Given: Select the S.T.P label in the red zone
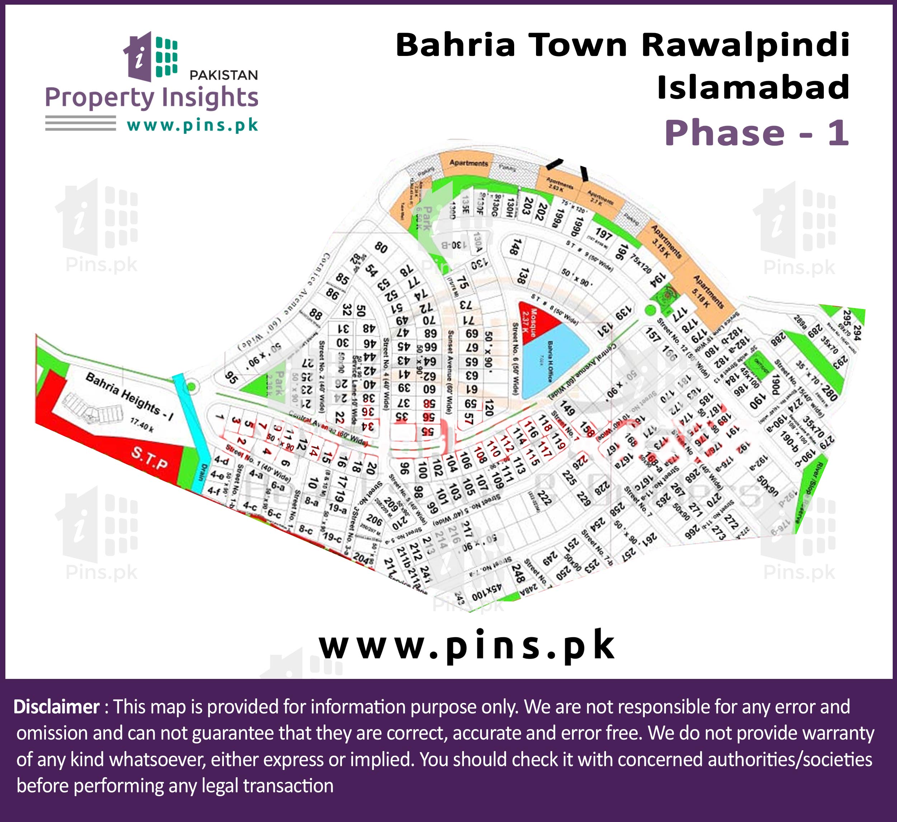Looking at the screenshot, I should click(x=150, y=458).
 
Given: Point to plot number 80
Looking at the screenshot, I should click(x=381, y=247).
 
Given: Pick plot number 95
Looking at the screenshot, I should click(x=231, y=378).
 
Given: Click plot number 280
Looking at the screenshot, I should click(x=829, y=393).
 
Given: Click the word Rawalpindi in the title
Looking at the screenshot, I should click(x=745, y=46).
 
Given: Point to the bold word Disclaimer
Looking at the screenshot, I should click(x=56, y=707).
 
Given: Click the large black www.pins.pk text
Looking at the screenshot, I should click(x=467, y=646).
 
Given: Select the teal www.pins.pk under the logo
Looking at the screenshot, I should click(x=192, y=126).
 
